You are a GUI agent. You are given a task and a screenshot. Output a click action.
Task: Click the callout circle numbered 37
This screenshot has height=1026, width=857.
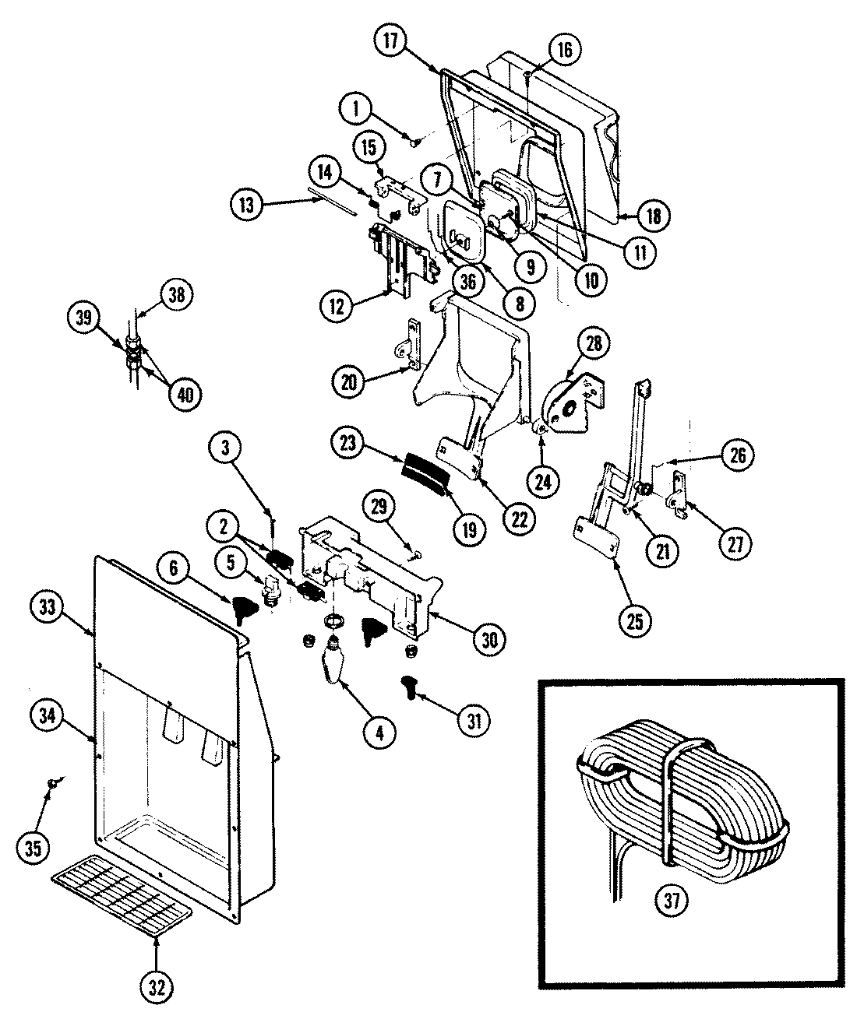point(672,901)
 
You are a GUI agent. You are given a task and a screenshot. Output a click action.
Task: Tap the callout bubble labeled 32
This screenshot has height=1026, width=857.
point(157,988)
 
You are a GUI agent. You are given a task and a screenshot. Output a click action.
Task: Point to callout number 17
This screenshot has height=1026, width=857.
point(391,41)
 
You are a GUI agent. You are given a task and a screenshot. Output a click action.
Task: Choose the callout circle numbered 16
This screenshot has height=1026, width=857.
point(565,51)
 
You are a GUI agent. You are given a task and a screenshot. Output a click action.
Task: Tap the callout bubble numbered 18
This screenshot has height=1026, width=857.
point(653,216)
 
